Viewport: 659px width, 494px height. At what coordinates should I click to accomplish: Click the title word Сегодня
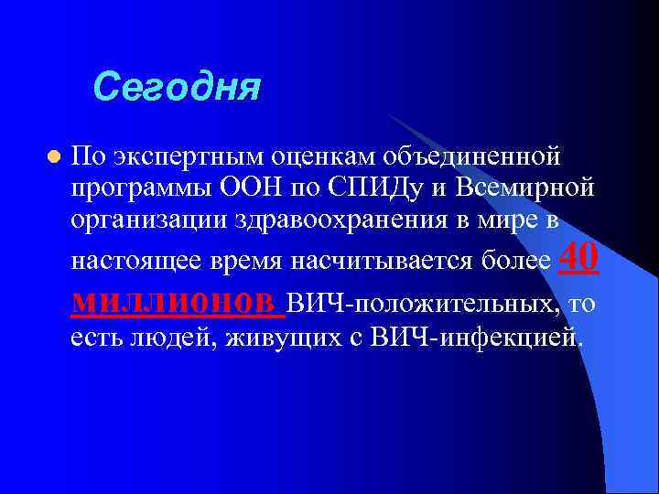[177, 88]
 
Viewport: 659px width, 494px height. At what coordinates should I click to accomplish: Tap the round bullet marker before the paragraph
[54, 157]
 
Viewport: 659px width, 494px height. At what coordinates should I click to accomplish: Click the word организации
[150, 222]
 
